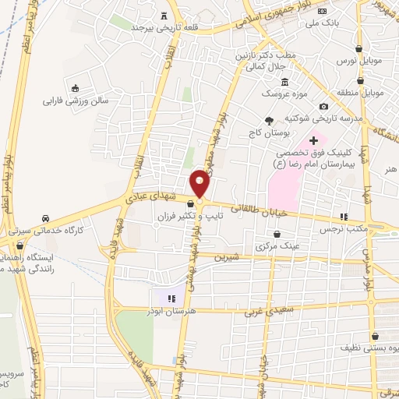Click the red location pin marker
click(x=199, y=183)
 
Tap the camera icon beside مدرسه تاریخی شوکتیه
click(x=324, y=107)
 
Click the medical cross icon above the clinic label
click(x=314, y=141)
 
